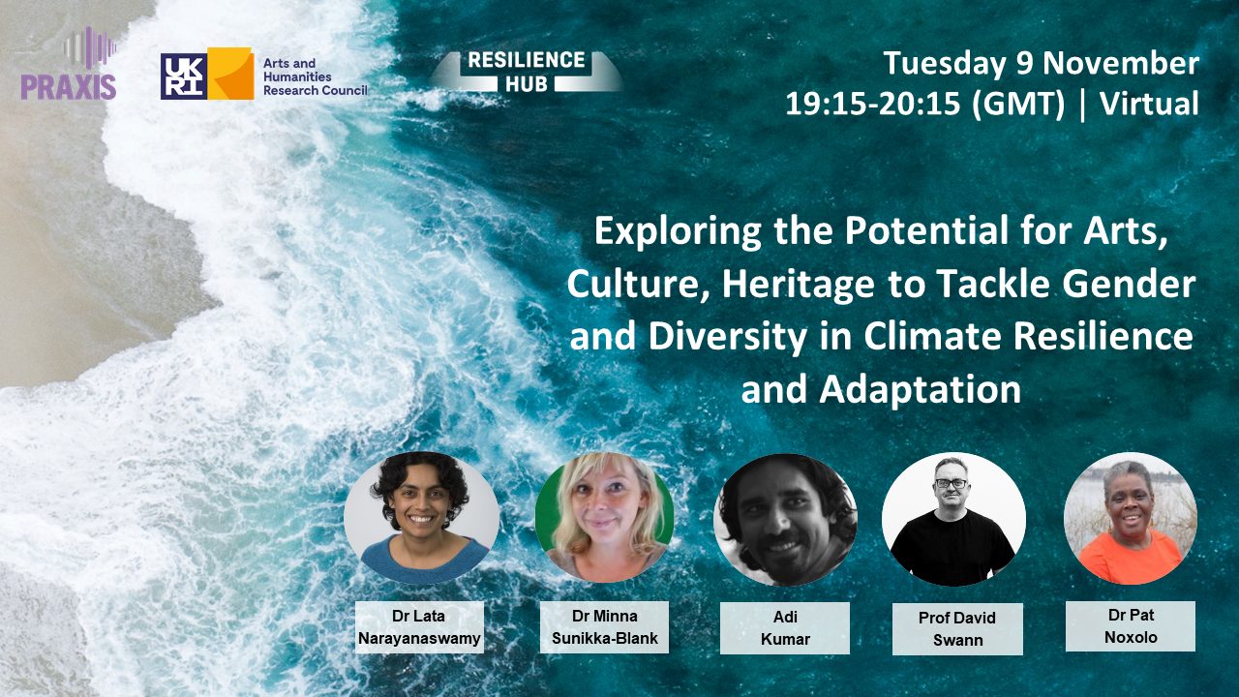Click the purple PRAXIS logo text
tap(69, 87)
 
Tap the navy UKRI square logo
tap(184, 76)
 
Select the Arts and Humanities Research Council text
tap(316, 76)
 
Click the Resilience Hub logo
tap(526, 72)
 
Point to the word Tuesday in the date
tap(945, 64)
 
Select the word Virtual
tap(1149, 104)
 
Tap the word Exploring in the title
tap(678, 231)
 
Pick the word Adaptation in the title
tap(920, 390)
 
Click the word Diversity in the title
tap(727, 338)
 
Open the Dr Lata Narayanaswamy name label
tap(419, 627)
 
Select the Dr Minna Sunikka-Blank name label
tap(605, 627)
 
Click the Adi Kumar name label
tap(785, 628)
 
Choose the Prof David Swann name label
tap(957, 629)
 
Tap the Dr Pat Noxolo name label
tap(1131, 626)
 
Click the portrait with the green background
tap(605, 517)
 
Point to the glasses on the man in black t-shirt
tap(952, 483)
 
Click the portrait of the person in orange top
tap(1130, 519)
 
